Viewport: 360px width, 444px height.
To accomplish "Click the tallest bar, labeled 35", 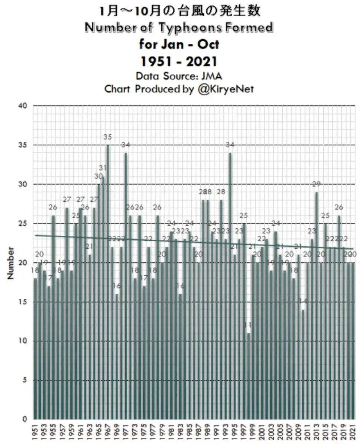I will tap(108, 281).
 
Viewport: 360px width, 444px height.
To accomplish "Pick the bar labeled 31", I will tap(103, 296).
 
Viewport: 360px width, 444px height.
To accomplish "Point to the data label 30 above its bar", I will tap(98, 176).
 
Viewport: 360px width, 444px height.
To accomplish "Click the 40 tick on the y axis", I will tap(23, 106).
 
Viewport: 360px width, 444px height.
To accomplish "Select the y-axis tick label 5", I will tap(24, 380).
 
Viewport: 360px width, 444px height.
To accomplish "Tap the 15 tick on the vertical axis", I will tap(23, 302).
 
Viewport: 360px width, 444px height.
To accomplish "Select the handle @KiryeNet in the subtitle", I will tap(224, 89).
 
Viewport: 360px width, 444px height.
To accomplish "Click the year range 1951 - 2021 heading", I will tap(179, 60).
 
